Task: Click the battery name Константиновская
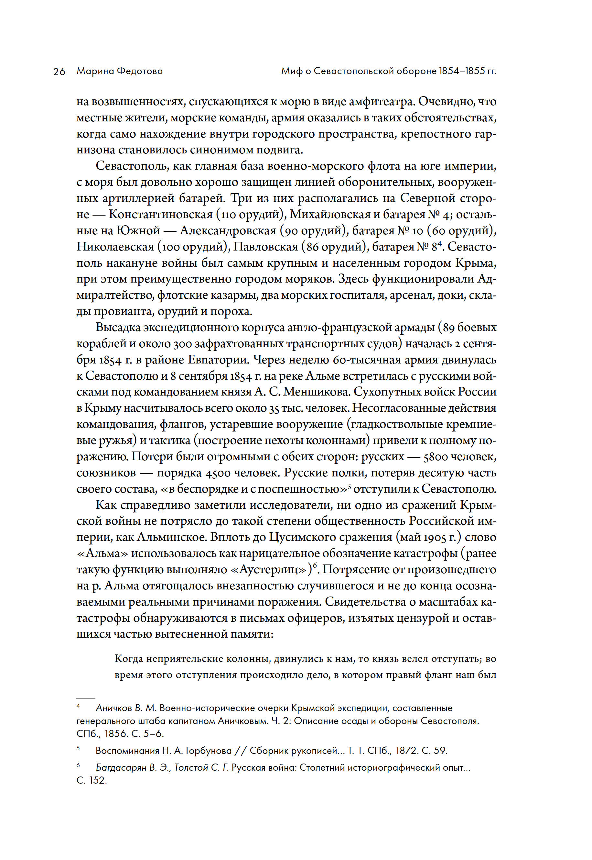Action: (161, 215)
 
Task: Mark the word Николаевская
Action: (115, 247)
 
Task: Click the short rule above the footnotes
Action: (86, 698)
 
